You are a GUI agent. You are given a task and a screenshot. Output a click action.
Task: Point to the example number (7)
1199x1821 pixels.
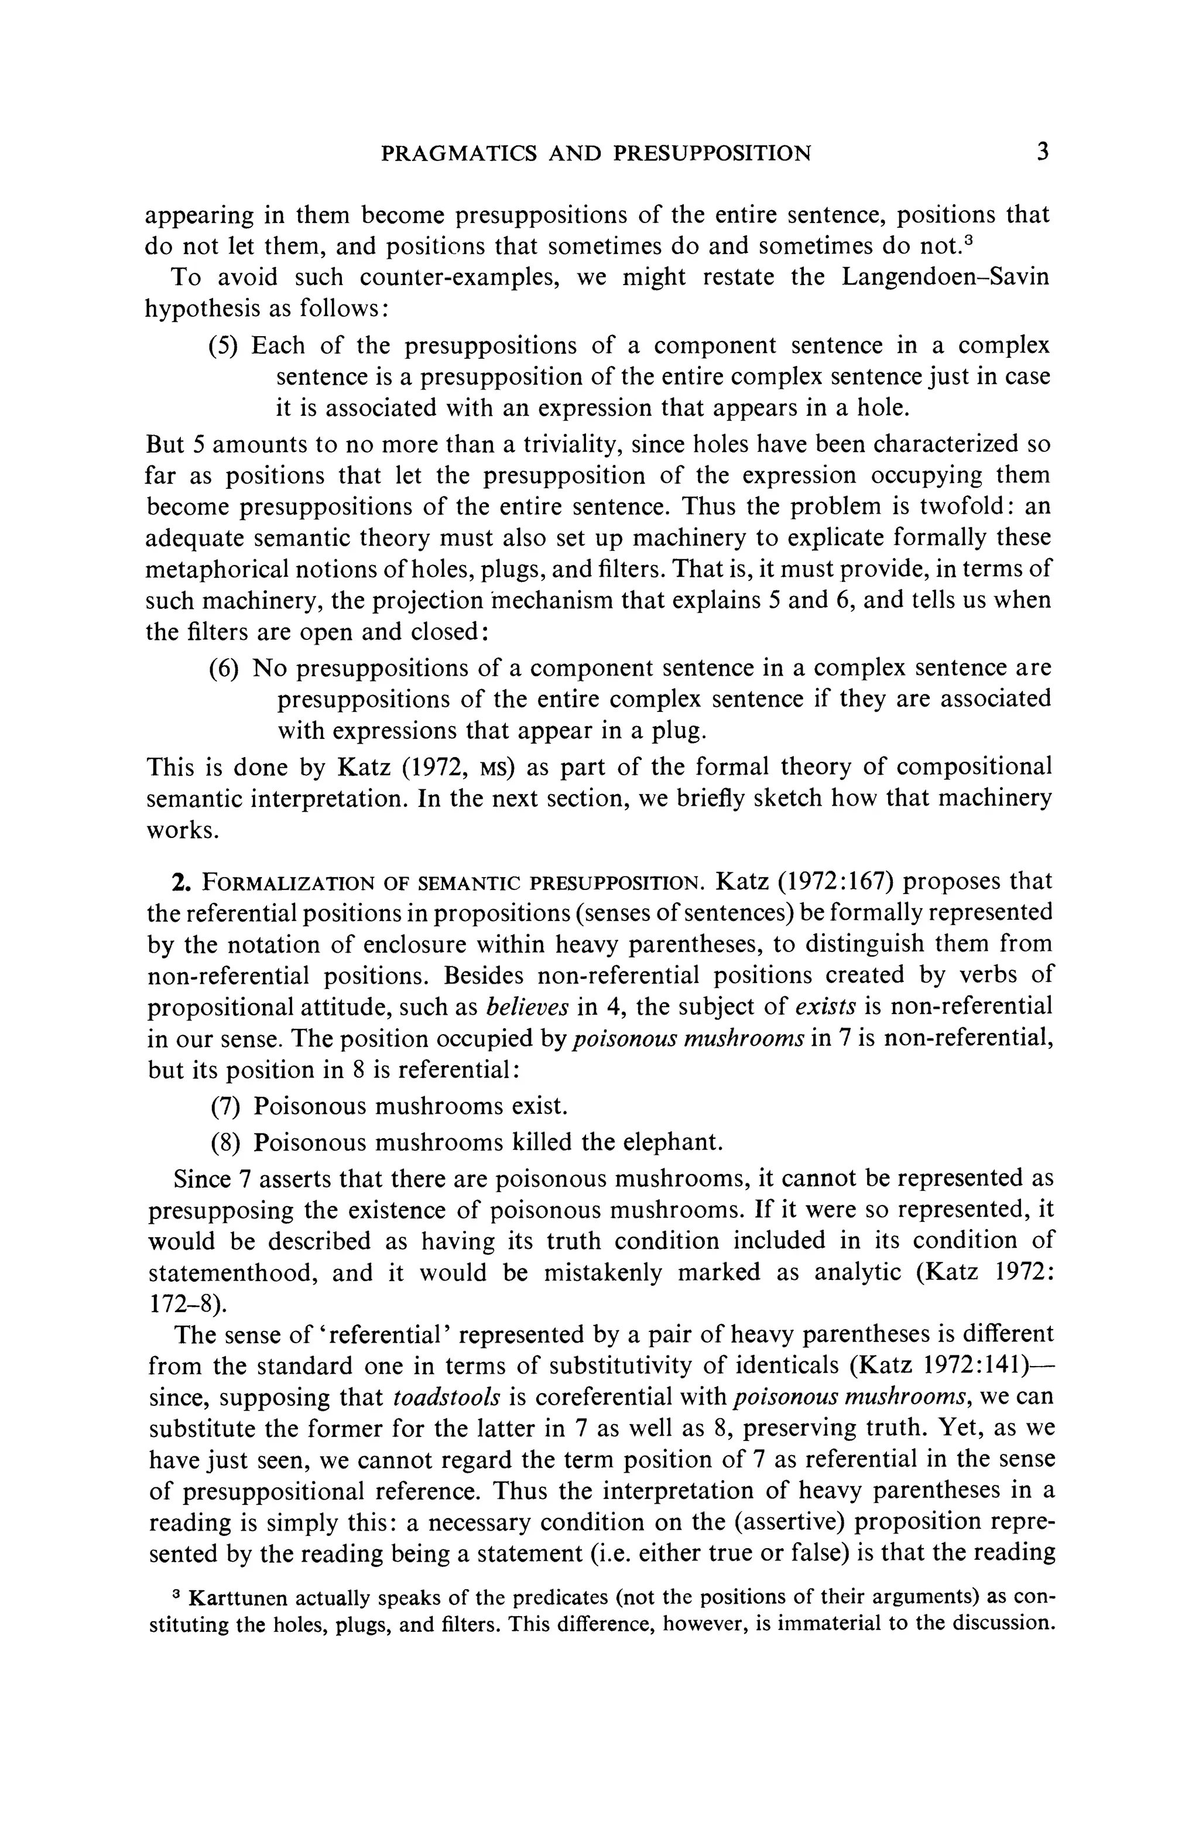tap(226, 1107)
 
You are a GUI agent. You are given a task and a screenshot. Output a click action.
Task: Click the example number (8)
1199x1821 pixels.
tap(226, 1142)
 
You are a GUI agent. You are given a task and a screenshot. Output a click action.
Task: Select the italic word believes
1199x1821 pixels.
tap(528, 1007)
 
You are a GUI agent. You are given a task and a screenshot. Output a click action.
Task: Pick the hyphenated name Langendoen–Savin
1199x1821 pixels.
tap(946, 276)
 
